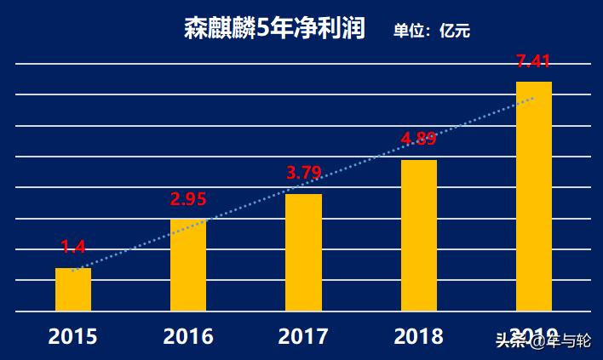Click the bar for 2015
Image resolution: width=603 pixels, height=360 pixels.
[x=73, y=289]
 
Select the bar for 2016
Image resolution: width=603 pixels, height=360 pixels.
[x=188, y=265]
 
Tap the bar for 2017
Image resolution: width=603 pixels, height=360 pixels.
[x=303, y=252]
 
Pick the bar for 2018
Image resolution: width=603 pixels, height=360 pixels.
[x=419, y=235]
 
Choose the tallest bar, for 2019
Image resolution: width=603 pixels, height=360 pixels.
[x=534, y=196]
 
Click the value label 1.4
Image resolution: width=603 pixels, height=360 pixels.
[x=73, y=248]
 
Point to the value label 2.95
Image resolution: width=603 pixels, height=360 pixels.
[x=188, y=200]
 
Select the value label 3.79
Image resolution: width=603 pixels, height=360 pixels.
[x=304, y=174]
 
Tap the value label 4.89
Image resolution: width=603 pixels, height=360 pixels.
[x=419, y=138]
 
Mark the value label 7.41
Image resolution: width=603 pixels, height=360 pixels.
[x=534, y=61]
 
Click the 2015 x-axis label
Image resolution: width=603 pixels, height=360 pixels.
[x=73, y=337]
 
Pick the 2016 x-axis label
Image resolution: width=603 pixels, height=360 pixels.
[x=188, y=337]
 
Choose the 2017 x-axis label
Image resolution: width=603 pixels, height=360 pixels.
[x=303, y=337]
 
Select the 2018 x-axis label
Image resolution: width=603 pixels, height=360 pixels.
[x=419, y=337]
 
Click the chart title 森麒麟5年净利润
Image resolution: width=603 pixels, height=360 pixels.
[x=274, y=29]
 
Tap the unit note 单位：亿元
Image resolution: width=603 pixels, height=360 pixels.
[x=432, y=31]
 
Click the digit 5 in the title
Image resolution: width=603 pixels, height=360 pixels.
[x=263, y=29]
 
